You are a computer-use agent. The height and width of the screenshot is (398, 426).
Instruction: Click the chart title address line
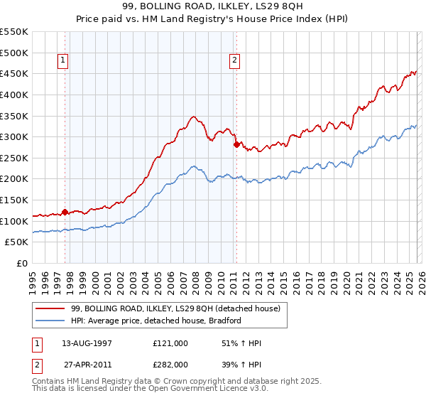(212, 6)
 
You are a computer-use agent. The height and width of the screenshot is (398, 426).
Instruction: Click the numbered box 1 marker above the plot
(64, 61)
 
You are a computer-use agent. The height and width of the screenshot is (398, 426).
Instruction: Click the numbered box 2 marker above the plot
(234, 61)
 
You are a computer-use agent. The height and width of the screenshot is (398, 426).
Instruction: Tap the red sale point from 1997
(65, 212)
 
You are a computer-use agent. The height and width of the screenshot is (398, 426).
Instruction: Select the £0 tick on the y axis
(22, 264)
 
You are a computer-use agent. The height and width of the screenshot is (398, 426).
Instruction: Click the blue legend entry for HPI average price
(155, 321)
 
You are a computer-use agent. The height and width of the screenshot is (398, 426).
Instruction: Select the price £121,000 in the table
(170, 343)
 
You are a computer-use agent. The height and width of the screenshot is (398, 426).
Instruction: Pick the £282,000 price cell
(170, 364)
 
